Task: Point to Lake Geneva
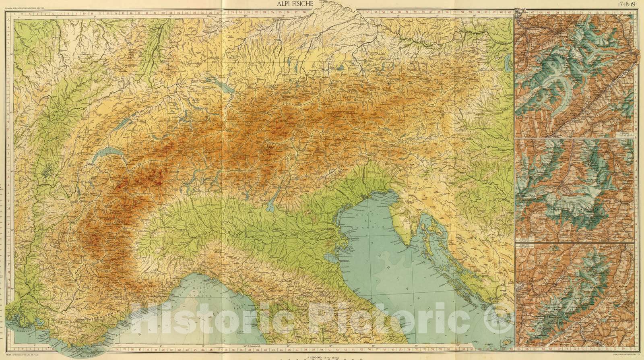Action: tap(105, 155)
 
